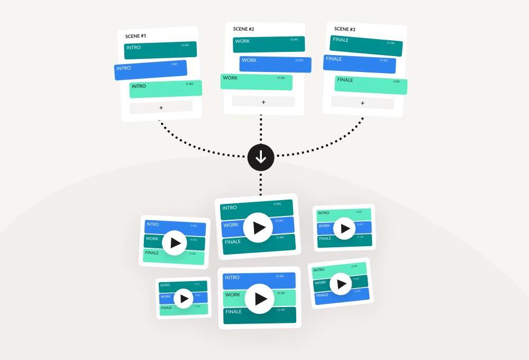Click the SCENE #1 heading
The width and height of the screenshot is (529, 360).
pos(135,36)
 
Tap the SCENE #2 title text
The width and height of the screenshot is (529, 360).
pos(244,29)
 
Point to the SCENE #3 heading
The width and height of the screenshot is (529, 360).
pos(345,29)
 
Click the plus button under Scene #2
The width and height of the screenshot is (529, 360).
pos(263,102)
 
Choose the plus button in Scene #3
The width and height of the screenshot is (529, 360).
pos(362,103)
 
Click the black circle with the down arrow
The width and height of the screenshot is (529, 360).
pos(261,157)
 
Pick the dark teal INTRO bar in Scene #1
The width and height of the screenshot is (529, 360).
pos(160,50)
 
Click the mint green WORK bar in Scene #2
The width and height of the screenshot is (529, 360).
pos(256,82)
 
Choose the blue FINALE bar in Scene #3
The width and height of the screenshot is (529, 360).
pos(359,64)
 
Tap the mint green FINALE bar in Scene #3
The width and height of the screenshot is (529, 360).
pos(370,85)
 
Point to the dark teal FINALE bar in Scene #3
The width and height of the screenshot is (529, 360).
pos(366,46)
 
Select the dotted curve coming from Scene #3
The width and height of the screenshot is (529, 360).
pos(339,144)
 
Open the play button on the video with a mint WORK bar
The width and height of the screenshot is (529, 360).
pos(260,299)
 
